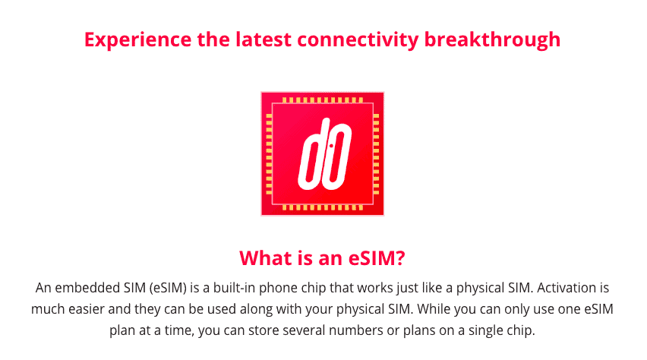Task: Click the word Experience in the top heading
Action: click(137, 40)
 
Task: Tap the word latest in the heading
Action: click(264, 39)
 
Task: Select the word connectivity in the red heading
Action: click(358, 40)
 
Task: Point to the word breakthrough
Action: click(492, 40)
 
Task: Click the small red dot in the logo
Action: click(331, 146)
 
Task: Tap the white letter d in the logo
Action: click(313, 153)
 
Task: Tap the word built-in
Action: click(234, 287)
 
